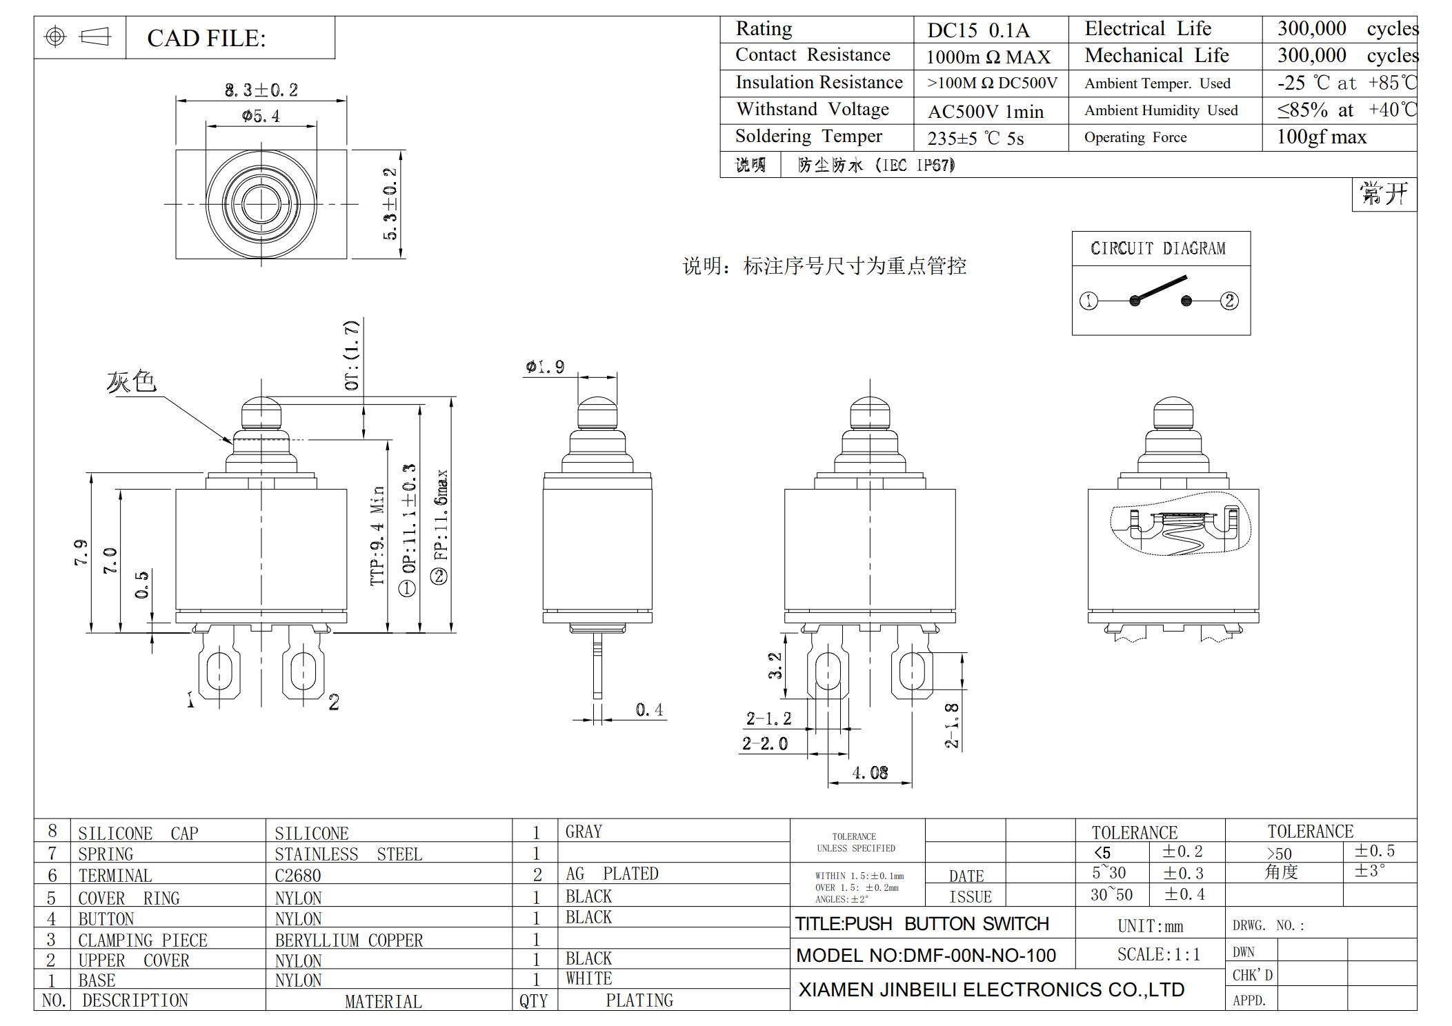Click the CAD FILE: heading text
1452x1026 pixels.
tap(206, 38)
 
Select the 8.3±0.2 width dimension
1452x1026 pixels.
tap(261, 90)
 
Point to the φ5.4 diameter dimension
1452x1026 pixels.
tap(261, 116)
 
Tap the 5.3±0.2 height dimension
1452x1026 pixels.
tap(390, 204)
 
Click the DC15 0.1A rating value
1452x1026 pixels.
tap(978, 30)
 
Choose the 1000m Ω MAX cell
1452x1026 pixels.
tap(988, 57)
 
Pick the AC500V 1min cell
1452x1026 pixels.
tap(986, 111)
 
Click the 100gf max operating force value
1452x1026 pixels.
tap(1321, 137)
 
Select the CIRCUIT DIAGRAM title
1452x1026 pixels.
tap(1158, 248)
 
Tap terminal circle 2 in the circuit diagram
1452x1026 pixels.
tap(1229, 301)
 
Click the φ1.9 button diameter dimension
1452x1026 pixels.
tap(545, 367)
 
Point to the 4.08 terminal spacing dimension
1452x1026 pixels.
tap(870, 772)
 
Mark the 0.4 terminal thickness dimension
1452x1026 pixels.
tap(649, 710)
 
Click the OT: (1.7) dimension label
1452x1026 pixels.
tap(352, 354)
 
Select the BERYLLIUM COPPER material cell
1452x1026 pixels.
tap(349, 941)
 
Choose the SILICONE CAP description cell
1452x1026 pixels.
tap(138, 834)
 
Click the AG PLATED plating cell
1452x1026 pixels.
tap(612, 874)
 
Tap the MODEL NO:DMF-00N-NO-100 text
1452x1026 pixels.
tap(926, 955)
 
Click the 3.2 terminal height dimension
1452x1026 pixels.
tap(775, 666)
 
